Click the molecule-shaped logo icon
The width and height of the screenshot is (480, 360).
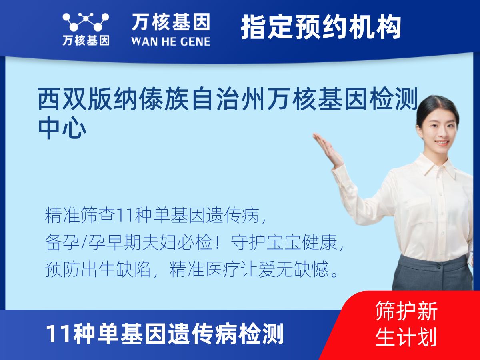[x=86, y=22]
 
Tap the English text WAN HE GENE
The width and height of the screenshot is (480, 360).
[x=171, y=42]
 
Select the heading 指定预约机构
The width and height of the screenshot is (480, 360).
[x=321, y=27]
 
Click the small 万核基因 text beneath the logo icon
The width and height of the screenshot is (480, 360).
[x=86, y=41]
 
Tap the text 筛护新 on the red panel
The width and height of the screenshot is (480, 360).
[x=406, y=310]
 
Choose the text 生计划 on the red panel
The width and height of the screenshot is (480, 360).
[x=406, y=336]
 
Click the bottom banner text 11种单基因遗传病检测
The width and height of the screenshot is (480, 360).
[x=165, y=334]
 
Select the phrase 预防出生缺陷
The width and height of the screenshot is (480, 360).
[x=98, y=269]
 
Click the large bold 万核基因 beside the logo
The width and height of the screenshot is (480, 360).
[x=171, y=22]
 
